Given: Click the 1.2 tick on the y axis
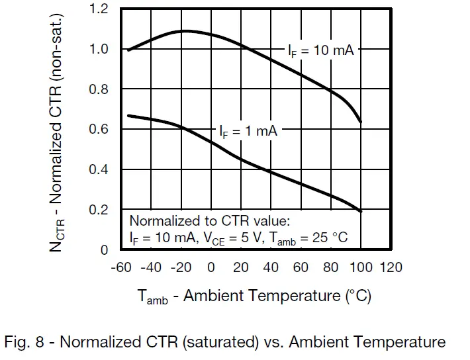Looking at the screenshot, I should [98, 10].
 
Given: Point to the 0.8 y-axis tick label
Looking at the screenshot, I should [98, 89].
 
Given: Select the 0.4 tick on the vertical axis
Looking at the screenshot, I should [98, 169].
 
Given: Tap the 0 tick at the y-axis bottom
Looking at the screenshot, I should [105, 250].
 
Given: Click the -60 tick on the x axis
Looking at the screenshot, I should [121, 267].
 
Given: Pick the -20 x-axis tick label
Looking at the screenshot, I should [181, 267].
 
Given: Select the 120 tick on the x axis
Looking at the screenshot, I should [391, 267].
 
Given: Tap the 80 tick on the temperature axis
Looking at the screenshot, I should [331, 267].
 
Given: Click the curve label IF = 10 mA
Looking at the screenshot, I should [320, 50].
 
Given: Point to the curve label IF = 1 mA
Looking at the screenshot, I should [248, 131].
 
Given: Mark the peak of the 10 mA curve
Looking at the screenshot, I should [185, 30].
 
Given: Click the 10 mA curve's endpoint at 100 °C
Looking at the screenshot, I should [360, 122].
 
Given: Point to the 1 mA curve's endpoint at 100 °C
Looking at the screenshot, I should [360, 211].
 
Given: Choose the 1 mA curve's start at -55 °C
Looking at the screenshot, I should [128, 116].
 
